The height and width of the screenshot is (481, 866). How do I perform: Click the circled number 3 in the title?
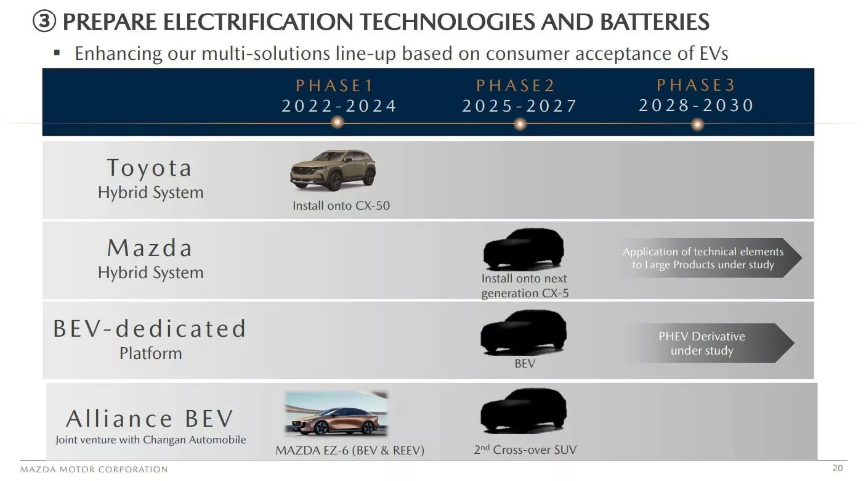[x=44, y=23]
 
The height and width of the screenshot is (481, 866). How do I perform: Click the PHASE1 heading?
[x=335, y=86]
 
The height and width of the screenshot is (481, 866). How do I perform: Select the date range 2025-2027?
[x=519, y=106]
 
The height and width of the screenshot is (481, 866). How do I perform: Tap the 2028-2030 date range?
[x=696, y=105]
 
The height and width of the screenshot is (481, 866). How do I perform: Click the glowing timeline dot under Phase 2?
[x=520, y=125]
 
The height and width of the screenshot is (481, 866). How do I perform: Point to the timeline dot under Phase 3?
[x=697, y=125]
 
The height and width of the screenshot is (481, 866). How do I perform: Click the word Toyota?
[x=150, y=168]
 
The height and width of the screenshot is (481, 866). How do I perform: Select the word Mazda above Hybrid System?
[x=150, y=248]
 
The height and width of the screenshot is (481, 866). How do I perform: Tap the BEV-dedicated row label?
[x=150, y=329]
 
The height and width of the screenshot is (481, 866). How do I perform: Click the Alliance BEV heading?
[x=150, y=419]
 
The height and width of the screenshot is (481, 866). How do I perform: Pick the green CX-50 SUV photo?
[x=333, y=170]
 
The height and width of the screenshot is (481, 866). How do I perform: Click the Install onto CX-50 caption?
[x=341, y=206]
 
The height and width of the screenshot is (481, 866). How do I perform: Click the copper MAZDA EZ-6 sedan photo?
[x=336, y=414]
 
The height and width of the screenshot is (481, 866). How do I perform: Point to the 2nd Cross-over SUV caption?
[x=525, y=450]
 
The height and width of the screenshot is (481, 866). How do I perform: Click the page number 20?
[x=837, y=468]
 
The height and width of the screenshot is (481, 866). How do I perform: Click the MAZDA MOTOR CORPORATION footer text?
[x=94, y=470]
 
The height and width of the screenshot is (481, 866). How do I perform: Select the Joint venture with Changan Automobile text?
[x=150, y=440]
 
